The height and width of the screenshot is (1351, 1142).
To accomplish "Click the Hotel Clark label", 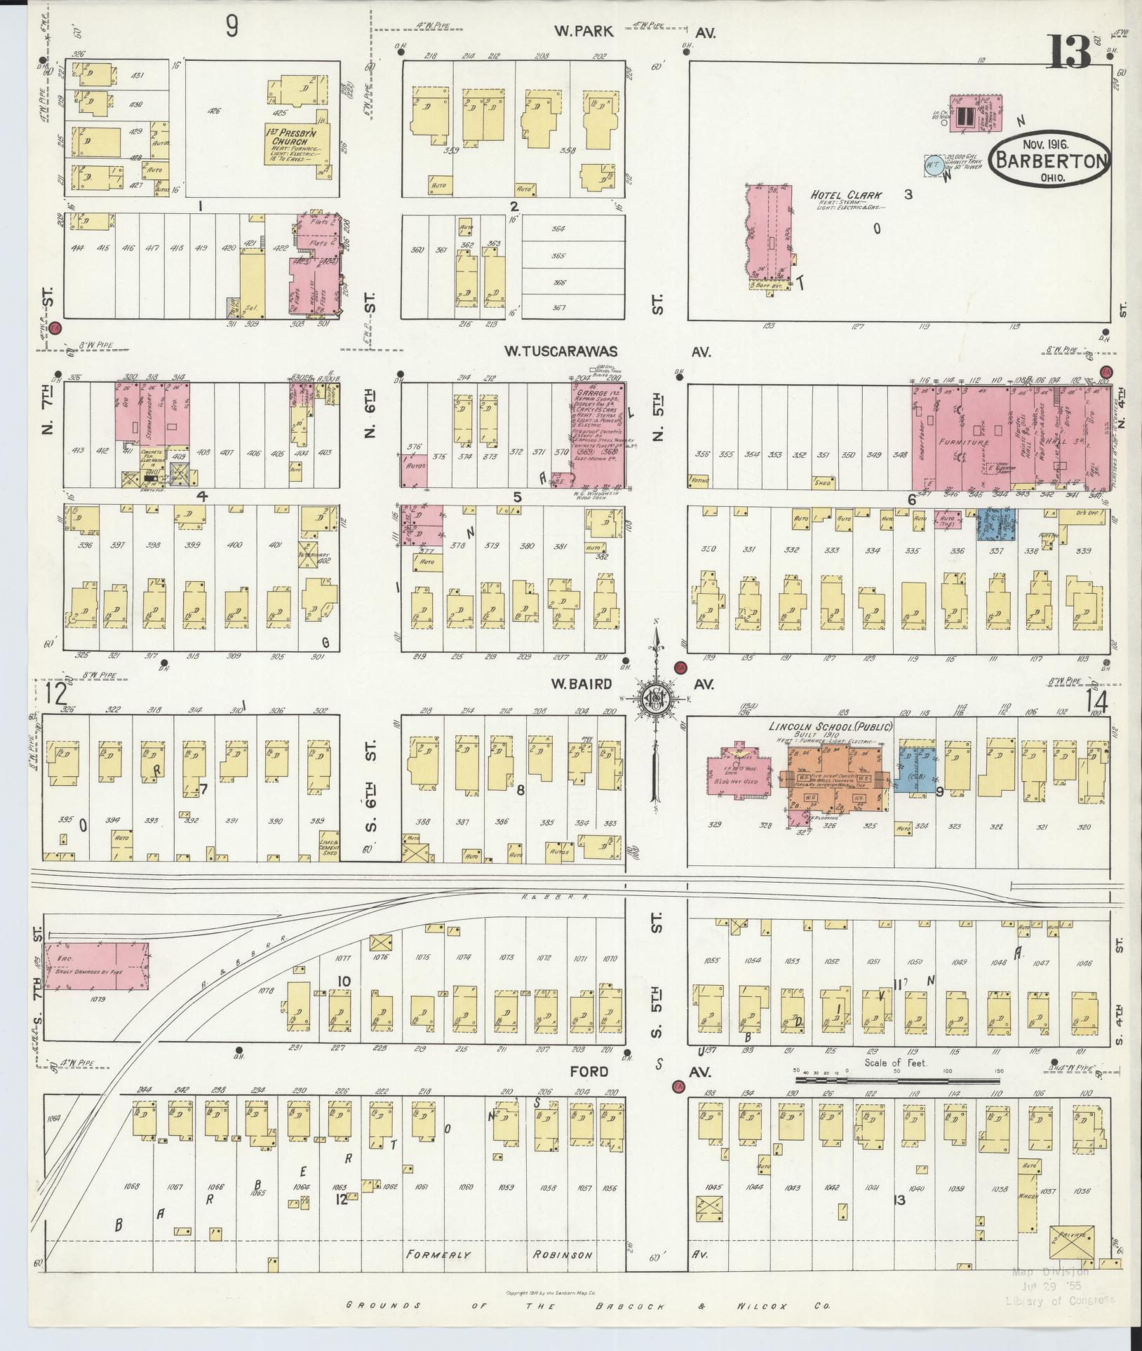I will point(847,195).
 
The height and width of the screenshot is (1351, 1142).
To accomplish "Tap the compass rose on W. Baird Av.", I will point(653,702).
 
